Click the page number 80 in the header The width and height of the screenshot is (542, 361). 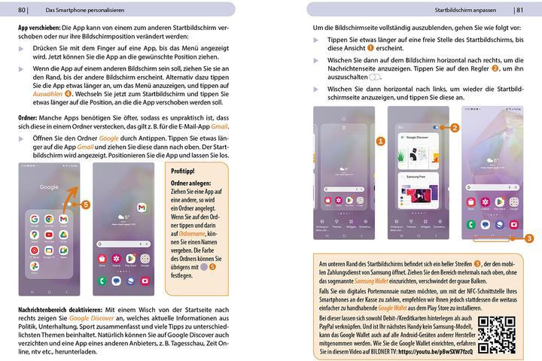pos(22,10)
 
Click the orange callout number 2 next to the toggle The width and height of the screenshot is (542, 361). pos(455,129)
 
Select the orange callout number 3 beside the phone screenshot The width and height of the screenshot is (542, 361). pos(530,238)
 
